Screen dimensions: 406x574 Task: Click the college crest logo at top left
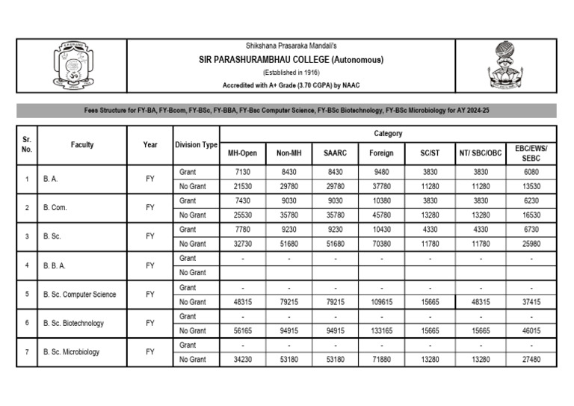click(x=71, y=67)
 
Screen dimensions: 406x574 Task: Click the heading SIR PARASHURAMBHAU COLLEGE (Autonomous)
click(x=291, y=60)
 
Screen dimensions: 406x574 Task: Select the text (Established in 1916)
click(x=291, y=73)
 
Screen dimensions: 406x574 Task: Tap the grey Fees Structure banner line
click(x=286, y=110)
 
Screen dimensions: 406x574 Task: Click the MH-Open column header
click(x=242, y=153)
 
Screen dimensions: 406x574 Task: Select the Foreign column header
click(x=381, y=153)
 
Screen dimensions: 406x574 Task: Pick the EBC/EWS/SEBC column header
click(x=531, y=153)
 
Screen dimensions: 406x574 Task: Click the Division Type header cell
click(x=196, y=145)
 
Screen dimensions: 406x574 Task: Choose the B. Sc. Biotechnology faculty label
click(x=74, y=323)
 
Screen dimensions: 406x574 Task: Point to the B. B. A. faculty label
click(x=56, y=265)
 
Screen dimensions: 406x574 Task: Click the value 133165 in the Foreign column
click(x=381, y=331)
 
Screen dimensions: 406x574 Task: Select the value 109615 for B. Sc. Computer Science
click(x=381, y=302)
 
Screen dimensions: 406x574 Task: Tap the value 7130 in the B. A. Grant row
click(x=242, y=172)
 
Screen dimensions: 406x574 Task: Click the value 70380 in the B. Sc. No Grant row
click(x=381, y=244)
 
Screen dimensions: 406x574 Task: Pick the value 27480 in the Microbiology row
click(x=531, y=360)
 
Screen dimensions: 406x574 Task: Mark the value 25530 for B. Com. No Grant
click(x=242, y=215)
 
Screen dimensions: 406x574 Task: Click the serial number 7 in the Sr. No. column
click(x=27, y=352)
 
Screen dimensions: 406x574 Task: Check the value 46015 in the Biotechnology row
click(x=531, y=331)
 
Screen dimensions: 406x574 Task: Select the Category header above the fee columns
click(x=388, y=134)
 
